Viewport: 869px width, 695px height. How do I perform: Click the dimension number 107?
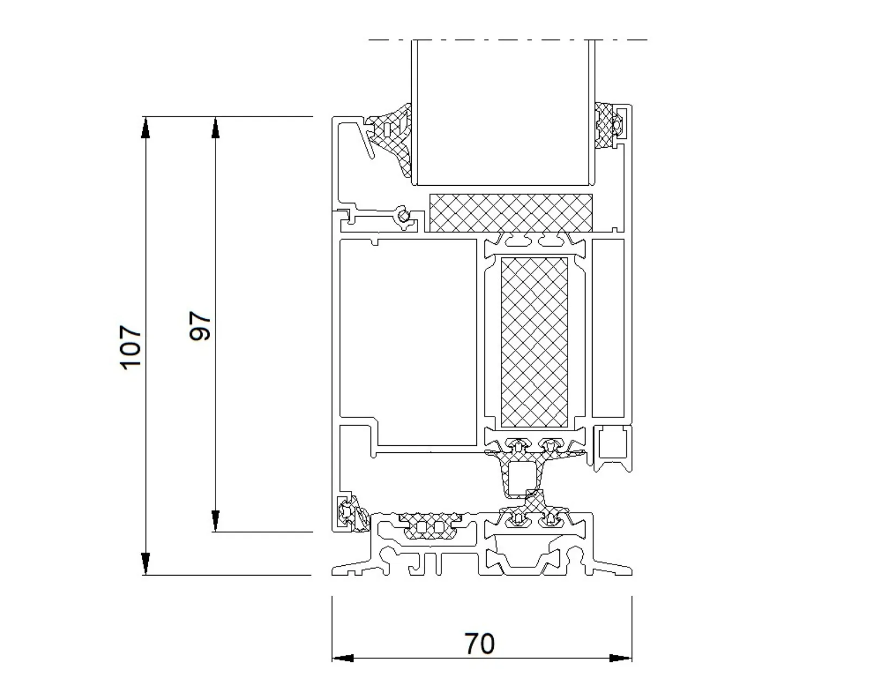coord(131,347)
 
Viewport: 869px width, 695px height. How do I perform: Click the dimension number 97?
coord(200,325)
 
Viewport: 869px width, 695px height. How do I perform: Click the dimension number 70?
coord(480,644)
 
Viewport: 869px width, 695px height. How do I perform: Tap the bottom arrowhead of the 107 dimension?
coord(146,564)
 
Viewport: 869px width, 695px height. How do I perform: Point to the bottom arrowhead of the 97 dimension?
coord(215,521)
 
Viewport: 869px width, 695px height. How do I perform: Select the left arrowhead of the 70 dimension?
coord(343,658)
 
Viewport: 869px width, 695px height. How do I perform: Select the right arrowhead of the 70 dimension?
coord(621,658)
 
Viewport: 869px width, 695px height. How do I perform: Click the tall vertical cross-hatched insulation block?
coord(534,343)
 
